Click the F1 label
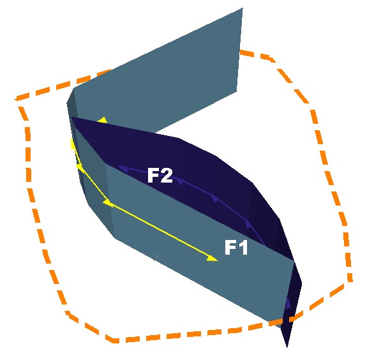pos(236,247)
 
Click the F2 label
pos(160,175)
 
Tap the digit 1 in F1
pos(243,247)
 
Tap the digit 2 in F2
pos(167,175)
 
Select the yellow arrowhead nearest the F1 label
pos(212,258)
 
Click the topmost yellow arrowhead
pos(103,120)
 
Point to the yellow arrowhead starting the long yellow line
pos(108,203)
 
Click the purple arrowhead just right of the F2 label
pos(180,182)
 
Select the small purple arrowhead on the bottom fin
pos(288,303)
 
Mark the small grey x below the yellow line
pos(156,257)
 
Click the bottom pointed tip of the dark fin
pos(287,347)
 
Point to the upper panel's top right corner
pos(243,8)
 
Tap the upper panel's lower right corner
pos(237,92)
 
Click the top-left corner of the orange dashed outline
pos(16,100)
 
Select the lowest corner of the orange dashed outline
pos(114,340)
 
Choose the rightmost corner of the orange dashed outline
pos(350,281)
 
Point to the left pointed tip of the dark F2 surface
pos(72,117)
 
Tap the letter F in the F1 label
pos(230,247)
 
